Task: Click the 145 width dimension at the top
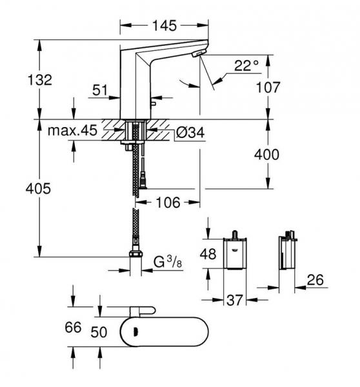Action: pos(165,25)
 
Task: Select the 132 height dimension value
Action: pos(40,80)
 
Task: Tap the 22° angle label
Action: pos(246,65)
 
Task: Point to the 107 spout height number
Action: pos(268,87)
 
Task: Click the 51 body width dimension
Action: pos(100,90)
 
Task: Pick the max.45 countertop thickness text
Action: pos(73,130)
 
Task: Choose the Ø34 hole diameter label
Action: pos(190,132)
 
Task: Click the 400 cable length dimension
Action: pos(266,155)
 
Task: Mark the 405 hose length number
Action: pos(38,188)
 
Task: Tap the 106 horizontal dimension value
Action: pos(168,203)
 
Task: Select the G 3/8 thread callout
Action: pos(168,262)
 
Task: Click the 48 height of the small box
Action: pos(208,253)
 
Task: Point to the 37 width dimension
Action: pos(235,300)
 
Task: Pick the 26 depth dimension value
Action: pos(315,280)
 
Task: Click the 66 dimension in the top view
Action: pos(73,327)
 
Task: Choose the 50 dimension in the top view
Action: pos(99,332)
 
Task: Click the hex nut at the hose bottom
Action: pos(135,253)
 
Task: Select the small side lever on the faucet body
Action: pos(153,103)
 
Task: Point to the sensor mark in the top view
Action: pos(135,332)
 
